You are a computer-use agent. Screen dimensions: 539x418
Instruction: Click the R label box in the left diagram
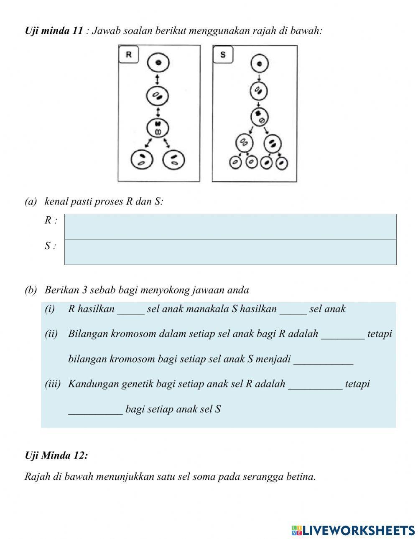(x=129, y=55)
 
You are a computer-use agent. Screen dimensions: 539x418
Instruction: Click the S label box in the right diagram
(x=223, y=55)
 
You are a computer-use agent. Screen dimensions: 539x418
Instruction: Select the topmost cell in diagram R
(x=158, y=63)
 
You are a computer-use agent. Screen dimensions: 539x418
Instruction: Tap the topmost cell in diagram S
(x=259, y=64)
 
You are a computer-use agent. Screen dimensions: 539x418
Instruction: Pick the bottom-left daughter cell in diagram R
(x=142, y=159)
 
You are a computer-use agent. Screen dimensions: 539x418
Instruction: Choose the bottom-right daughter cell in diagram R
(x=174, y=159)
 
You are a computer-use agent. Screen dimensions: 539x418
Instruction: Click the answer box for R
(x=230, y=226)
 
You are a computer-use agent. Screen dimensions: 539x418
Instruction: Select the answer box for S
(x=230, y=252)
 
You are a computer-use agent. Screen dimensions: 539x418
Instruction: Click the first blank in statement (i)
(x=131, y=309)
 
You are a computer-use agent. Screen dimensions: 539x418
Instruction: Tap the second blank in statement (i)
(x=293, y=309)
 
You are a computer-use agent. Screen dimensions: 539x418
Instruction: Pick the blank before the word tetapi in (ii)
(x=343, y=334)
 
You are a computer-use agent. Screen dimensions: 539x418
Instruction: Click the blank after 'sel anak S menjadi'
(x=323, y=359)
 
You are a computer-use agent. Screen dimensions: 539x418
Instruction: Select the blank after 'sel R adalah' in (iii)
(x=315, y=384)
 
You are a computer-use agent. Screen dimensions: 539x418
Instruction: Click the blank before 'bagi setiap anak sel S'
(x=95, y=409)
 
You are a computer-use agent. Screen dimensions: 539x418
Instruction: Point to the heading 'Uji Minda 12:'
(x=56, y=455)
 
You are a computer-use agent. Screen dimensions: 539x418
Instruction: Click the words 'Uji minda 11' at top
(x=54, y=31)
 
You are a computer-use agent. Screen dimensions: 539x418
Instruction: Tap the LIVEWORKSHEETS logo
(x=353, y=530)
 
